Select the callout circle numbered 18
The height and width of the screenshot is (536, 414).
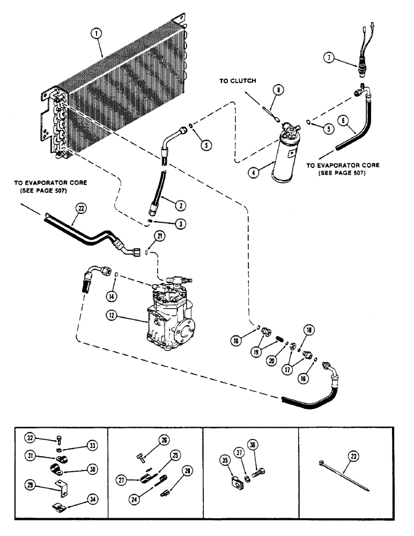(x=310, y=330)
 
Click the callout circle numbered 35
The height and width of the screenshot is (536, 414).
(x=225, y=459)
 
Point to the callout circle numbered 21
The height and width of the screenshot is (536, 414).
(x=146, y=236)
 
